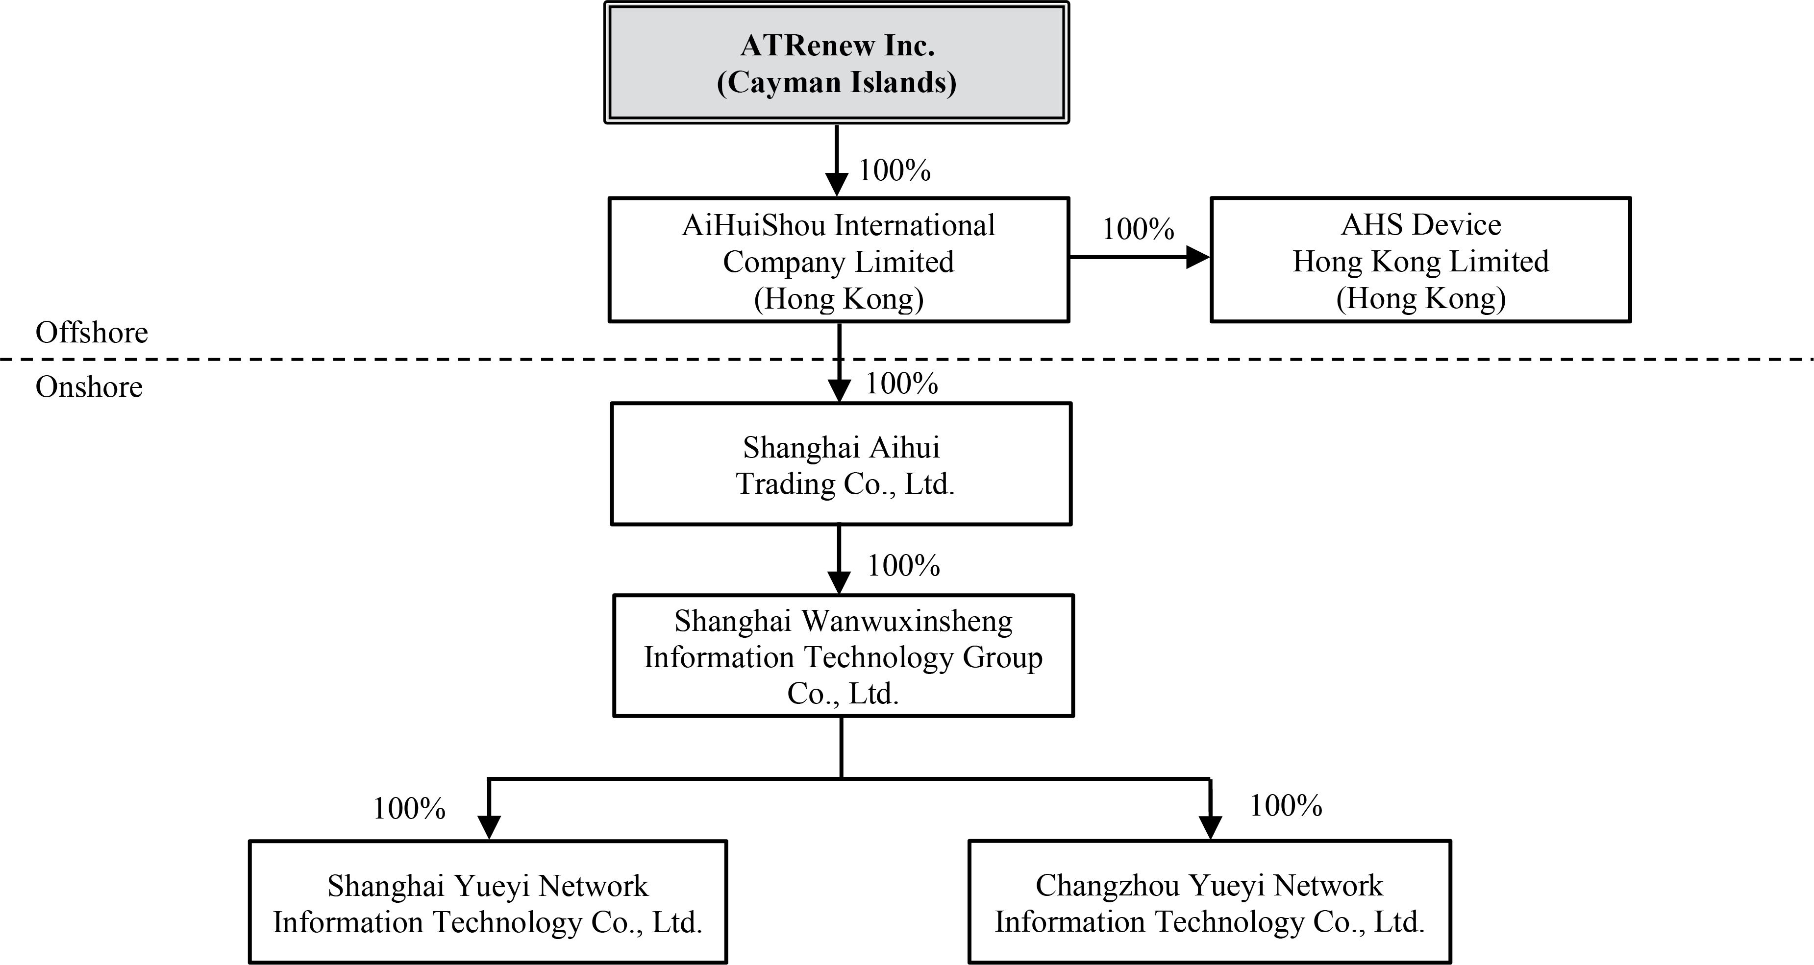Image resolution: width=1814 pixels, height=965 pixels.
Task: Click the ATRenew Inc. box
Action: [837, 63]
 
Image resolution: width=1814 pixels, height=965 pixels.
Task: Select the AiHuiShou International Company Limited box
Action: [839, 261]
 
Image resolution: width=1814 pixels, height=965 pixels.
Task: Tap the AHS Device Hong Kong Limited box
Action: [1420, 261]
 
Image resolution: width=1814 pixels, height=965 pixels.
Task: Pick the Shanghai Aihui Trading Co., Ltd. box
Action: [841, 464]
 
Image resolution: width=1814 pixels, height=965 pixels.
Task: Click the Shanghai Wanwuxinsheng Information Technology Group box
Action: [843, 656]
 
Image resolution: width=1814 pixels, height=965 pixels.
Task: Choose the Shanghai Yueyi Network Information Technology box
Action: [487, 902]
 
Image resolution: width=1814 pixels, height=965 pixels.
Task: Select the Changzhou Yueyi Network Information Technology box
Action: [1209, 902]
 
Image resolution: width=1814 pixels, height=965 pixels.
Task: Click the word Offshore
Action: [92, 332]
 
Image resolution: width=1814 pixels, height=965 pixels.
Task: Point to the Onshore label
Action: [89, 387]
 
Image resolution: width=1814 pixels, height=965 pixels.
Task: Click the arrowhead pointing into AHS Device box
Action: [1197, 257]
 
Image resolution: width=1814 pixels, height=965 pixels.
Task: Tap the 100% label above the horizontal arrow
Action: [1138, 229]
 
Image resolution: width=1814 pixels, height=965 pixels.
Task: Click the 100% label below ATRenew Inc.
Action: [895, 170]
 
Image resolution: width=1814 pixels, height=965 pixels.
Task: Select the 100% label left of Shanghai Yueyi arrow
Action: [409, 809]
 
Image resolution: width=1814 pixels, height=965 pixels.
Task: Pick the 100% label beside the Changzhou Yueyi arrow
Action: [1286, 806]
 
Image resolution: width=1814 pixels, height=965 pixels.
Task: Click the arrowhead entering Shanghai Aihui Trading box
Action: [839, 390]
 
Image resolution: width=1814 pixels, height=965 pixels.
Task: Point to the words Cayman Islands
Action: [837, 82]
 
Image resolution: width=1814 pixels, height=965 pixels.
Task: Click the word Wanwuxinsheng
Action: [907, 621]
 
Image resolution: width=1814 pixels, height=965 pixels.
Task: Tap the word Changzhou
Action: [1107, 886]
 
